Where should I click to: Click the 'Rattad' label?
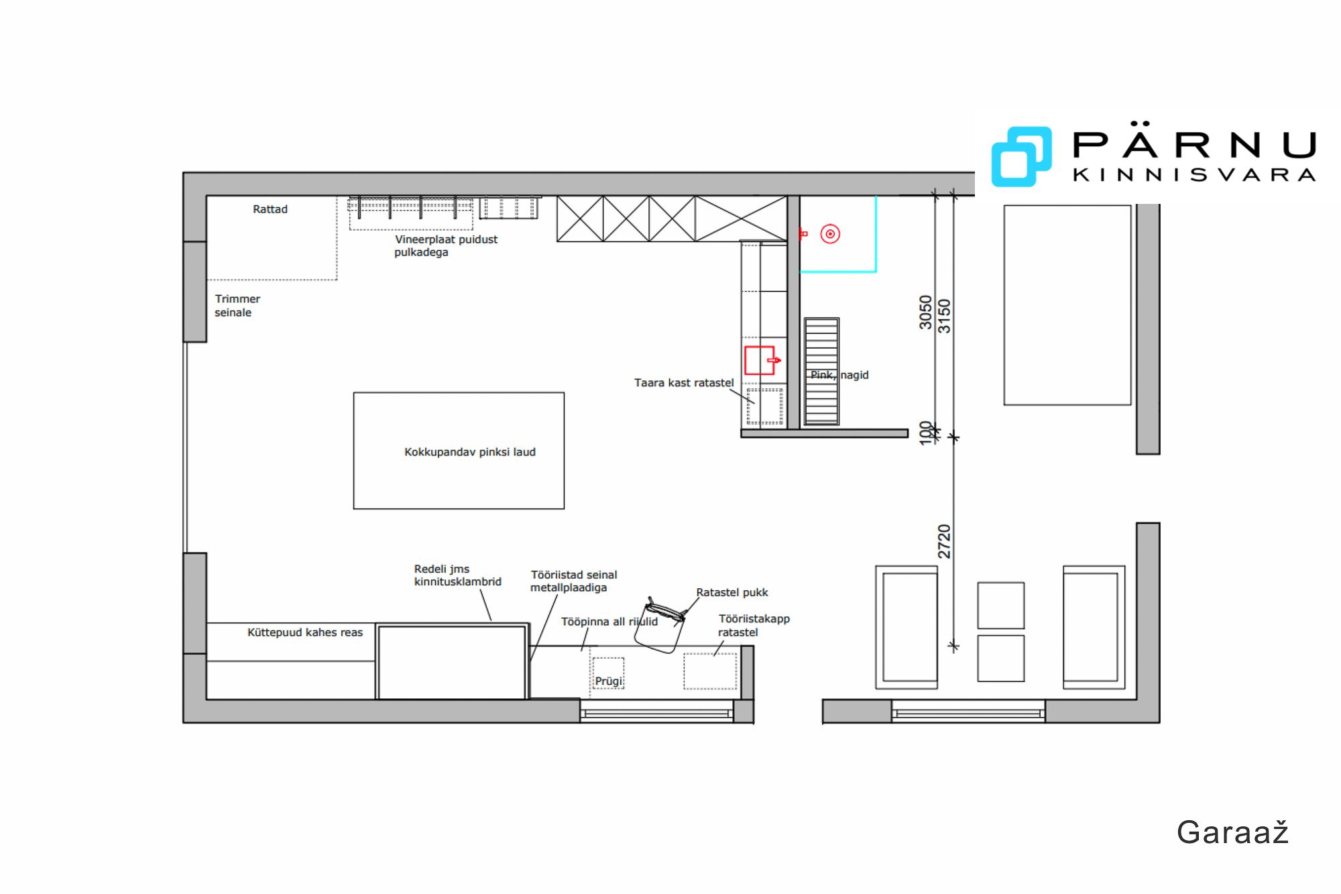coord(270,209)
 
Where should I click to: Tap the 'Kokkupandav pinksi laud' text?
coord(470,452)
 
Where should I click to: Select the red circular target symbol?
coord(830,234)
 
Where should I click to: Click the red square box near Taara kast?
coord(760,360)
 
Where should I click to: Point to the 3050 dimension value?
coord(925,313)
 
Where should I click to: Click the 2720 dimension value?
coord(944,541)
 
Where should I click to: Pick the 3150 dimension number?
coord(944,316)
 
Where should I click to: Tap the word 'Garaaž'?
coord(1232,832)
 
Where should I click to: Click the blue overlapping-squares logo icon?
coord(1021,156)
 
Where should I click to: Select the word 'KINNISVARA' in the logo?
coord(1194,175)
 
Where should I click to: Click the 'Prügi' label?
coord(609,681)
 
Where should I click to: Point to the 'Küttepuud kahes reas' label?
coord(305,632)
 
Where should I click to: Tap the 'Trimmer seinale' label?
coord(237,306)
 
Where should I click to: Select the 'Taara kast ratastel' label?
coord(684,383)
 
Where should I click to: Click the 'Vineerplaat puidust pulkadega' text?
coord(446,245)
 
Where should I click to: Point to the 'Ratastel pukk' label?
coord(732,593)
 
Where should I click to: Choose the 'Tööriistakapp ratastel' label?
coord(754,626)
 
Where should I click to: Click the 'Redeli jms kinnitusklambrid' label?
coord(457,575)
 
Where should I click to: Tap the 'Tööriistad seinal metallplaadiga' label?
coord(573,581)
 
